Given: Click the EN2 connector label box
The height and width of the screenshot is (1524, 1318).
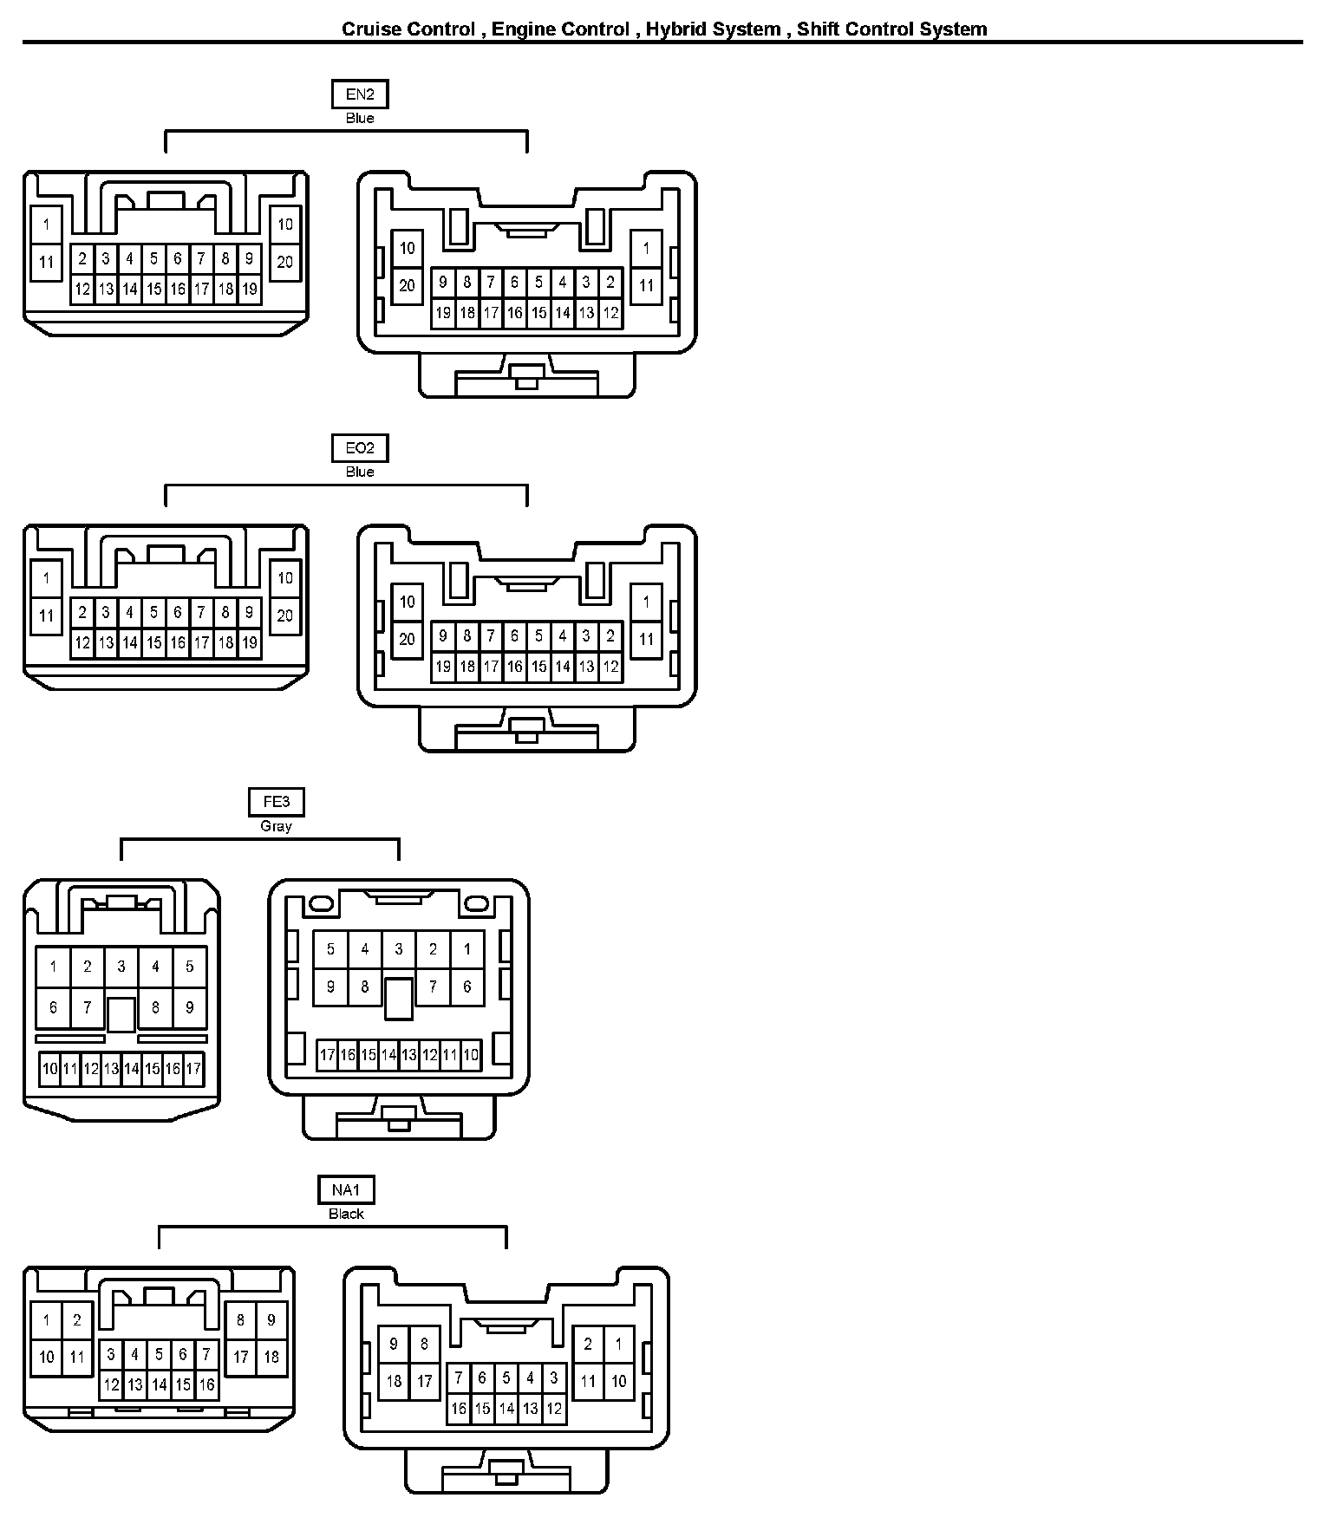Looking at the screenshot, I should (360, 94).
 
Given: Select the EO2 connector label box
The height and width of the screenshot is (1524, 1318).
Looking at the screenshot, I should (360, 448).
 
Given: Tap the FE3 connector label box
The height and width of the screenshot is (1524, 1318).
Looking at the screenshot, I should (277, 802).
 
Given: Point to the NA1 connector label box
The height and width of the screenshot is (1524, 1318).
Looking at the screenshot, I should (346, 1190).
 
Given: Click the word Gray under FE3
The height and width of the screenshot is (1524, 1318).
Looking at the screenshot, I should (277, 826).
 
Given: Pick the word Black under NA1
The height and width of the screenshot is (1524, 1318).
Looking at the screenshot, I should (346, 1214).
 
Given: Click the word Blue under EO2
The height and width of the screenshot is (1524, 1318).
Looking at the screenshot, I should (360, 472).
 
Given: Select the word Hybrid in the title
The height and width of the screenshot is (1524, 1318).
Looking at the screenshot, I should (713, 29).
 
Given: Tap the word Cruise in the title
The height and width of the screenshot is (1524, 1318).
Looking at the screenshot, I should (371, 29).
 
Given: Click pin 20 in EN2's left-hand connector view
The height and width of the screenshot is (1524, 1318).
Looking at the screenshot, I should (285, 262).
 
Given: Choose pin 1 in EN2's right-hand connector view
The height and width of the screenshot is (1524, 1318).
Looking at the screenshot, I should (646, 248).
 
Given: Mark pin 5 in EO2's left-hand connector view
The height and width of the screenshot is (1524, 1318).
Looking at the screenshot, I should (153, 612).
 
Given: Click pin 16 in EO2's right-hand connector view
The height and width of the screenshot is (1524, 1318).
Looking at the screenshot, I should (514, 667).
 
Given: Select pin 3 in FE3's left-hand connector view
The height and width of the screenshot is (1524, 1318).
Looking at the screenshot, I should (121, 966).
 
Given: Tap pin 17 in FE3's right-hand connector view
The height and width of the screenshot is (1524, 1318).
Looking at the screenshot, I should (327, 1055).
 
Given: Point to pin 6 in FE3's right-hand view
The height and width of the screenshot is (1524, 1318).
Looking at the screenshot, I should (467, 987).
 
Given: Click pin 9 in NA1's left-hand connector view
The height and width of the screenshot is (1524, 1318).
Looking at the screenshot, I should (271, 1320).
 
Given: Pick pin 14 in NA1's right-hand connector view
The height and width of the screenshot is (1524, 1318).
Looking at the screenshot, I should (506, 1409).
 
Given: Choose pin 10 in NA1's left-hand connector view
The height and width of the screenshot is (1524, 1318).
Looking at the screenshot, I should (47, 1357).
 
